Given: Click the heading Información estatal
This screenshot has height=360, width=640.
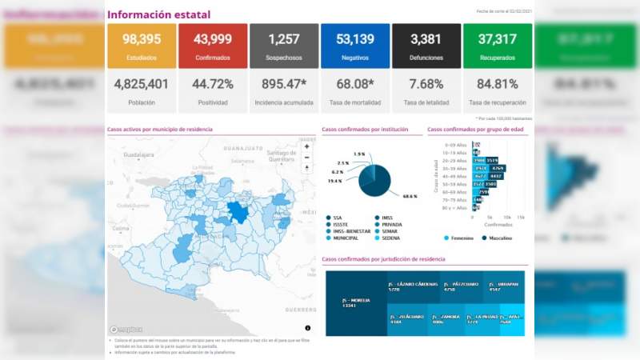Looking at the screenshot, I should point(158,14).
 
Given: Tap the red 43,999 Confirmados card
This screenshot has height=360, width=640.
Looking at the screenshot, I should point(212,46).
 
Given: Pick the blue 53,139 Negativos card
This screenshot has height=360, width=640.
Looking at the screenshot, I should point(354,46).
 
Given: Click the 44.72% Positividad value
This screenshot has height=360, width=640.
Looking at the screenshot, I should point(212,83).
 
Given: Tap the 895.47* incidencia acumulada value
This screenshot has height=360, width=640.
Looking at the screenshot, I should point(283,83).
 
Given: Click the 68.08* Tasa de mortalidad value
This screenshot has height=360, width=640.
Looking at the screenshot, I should point(354,83).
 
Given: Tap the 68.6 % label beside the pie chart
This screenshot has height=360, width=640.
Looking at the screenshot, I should point(410,196).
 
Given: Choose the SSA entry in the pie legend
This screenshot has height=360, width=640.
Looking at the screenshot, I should point(339,217).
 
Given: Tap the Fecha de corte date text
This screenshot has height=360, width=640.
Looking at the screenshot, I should point(503,12).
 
